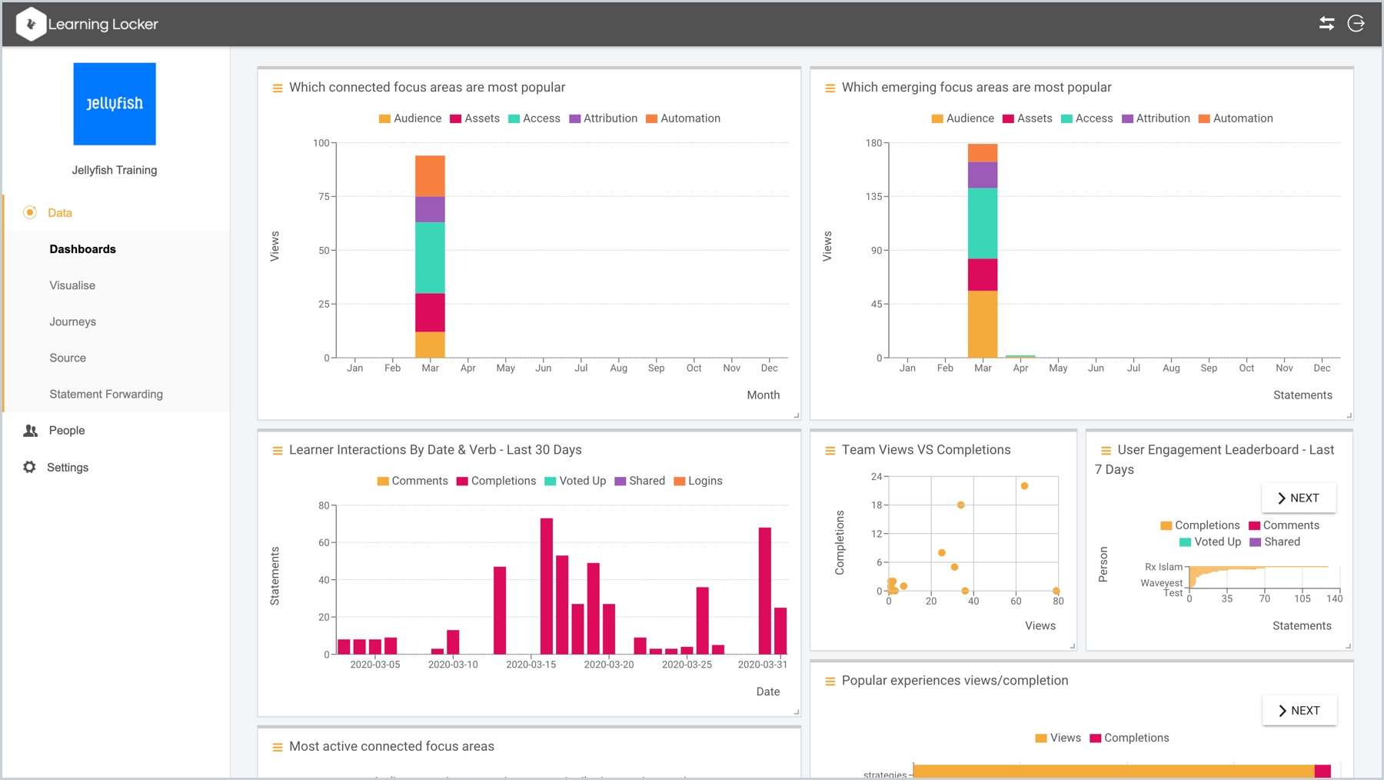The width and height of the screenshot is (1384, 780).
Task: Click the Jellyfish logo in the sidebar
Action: pyautogui.click(x=115, y=104)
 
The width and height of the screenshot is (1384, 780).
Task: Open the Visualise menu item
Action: pyautogui.click(x=72, y=285)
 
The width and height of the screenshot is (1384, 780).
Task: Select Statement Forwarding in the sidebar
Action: pyautogui.click(x=106, y=394)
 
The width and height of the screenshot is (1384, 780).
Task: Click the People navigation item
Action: pyautogui.click(x=67, y=431)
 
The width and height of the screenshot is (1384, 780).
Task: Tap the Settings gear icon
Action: pyautogui.click(x=30, y=467)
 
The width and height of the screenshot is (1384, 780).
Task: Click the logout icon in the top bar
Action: pyautogui.click(x=1356, y=24)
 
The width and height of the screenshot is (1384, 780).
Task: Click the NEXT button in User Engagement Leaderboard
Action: pyautogui.click(x=1298, y=498)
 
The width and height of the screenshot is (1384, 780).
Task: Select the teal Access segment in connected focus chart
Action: pyautogui.click(x=430, y=257)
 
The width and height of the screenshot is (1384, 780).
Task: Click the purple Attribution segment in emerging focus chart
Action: pyautogui.click(x=982, y=175)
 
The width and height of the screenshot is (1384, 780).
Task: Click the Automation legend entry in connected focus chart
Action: pyautogui.click(x=683, y=118)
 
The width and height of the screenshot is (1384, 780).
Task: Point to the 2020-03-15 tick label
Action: pyautogui.click(x=531, y=665)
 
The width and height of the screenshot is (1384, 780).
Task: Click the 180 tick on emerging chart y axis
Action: pyautogui.click(x=873, y=143)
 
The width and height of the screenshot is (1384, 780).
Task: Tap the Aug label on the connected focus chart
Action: pyautogui.click(x=618, y=368)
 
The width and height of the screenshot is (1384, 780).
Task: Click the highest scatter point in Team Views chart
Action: pyautogui.click(x=1024, y=486)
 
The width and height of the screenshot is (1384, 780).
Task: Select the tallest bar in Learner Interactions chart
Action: pyautogui.click(x=547, y=586)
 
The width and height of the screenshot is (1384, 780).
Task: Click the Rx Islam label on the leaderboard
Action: pyautogui.click(x=1163, y=567)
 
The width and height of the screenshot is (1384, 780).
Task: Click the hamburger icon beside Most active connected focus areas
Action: pyautogui.click(x=278, y=747)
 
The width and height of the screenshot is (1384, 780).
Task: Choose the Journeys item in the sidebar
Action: pyautogui.click(x=73, y=322)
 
